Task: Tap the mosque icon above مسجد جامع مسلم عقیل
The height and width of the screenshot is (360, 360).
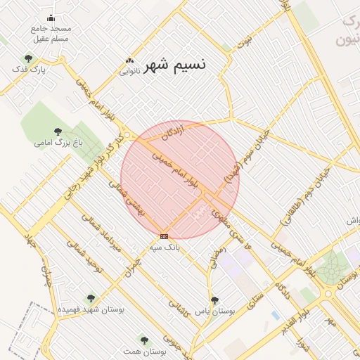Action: (x=51, y=18)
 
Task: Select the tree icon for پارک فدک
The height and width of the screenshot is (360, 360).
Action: (x=28, y=58)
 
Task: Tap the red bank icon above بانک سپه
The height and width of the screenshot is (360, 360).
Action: (x=164, y=236)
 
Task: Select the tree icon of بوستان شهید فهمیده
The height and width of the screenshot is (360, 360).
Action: (x=90, y=298)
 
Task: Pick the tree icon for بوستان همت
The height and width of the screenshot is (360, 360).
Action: (x=144, y=340)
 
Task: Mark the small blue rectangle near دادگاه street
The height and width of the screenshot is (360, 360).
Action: (x=276, y=316)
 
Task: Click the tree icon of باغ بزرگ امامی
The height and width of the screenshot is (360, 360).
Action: (x=58, y=131)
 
